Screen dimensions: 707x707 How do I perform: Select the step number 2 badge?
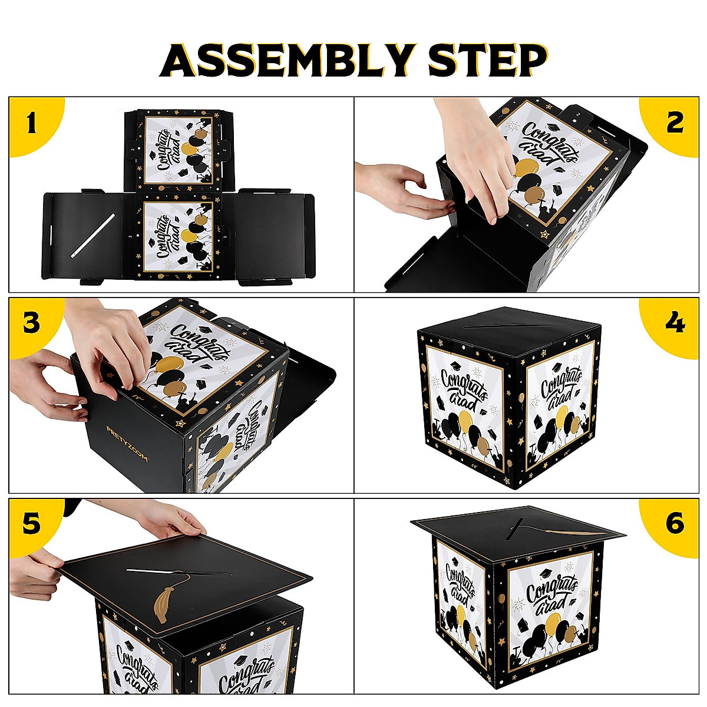point(675,123)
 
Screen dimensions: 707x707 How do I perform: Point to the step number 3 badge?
point(31,323)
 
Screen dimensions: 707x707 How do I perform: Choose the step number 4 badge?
point(675,323)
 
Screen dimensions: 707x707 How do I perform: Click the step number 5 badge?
point(31,523)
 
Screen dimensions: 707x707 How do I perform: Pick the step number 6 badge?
point(675,523)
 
